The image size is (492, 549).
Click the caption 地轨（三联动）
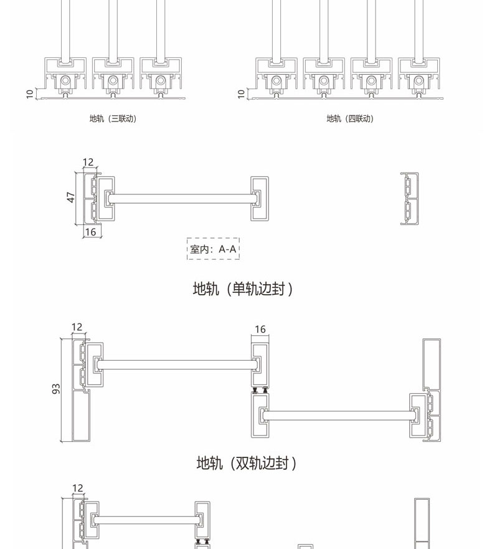click(x=113, y=118)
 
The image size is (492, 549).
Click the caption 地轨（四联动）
click(x=350, y=118)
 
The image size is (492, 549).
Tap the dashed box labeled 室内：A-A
click(x=213, y=249)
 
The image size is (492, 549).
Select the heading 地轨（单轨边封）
click(x=242, y=289)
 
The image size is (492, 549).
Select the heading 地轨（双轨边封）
click(x=246, y=463)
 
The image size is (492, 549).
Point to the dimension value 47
click(x=71, y=197)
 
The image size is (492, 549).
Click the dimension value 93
click(x=56, y=389)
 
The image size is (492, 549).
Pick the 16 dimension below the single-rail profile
click(x=90, y=232)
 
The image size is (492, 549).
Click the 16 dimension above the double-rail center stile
click(x=260, y=329)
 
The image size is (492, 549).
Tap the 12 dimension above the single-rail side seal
click(x=88, y=162)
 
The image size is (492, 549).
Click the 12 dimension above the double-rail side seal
click(x=77, y=327)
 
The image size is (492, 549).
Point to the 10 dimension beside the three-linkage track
click(x=29, y=93)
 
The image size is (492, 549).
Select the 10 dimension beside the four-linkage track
click(x=242, y=93)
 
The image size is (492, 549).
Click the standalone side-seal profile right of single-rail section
click(x=409, y=198)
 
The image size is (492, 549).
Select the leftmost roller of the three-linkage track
click(x=65, y=80)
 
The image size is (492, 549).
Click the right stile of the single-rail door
click(x=260, y=198)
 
